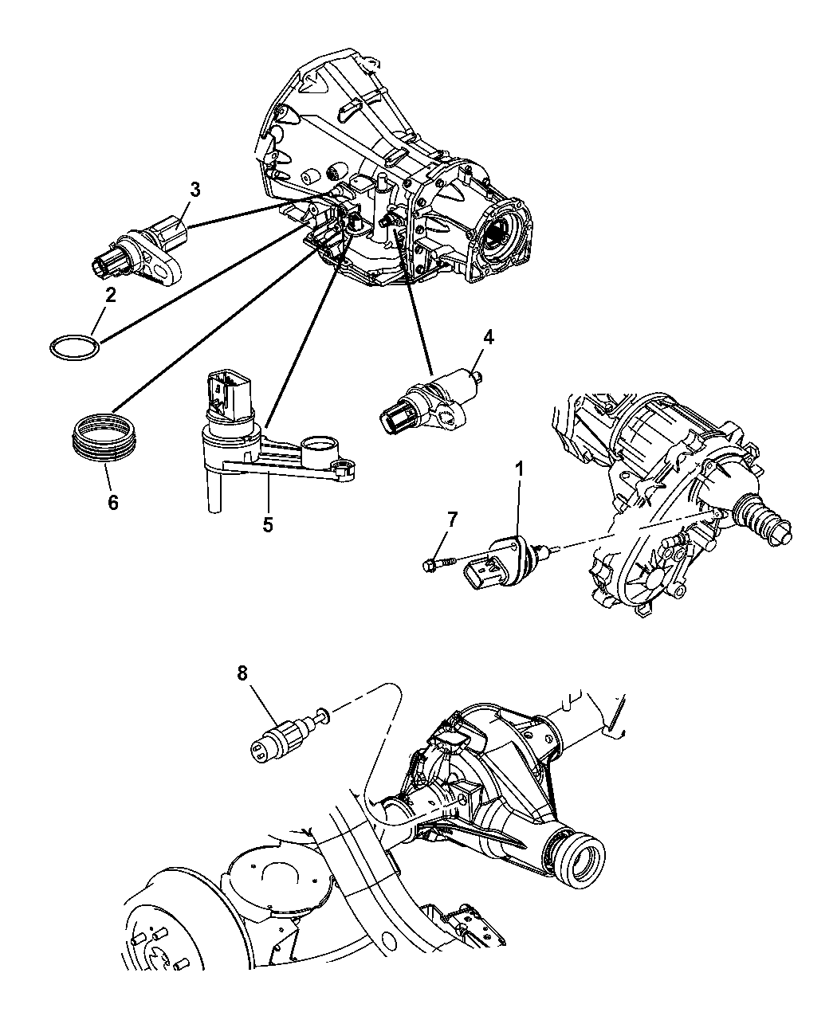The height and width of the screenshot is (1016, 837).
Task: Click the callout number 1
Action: pyautogui.click(x=519, y=469)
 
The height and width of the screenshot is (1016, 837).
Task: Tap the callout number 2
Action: pyautogui.click(x=110, y=295)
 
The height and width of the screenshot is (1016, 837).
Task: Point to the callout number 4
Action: pyautogui.click(x=487, y=337)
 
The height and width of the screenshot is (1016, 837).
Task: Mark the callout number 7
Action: pyautogui.click(x=453, y=520)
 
